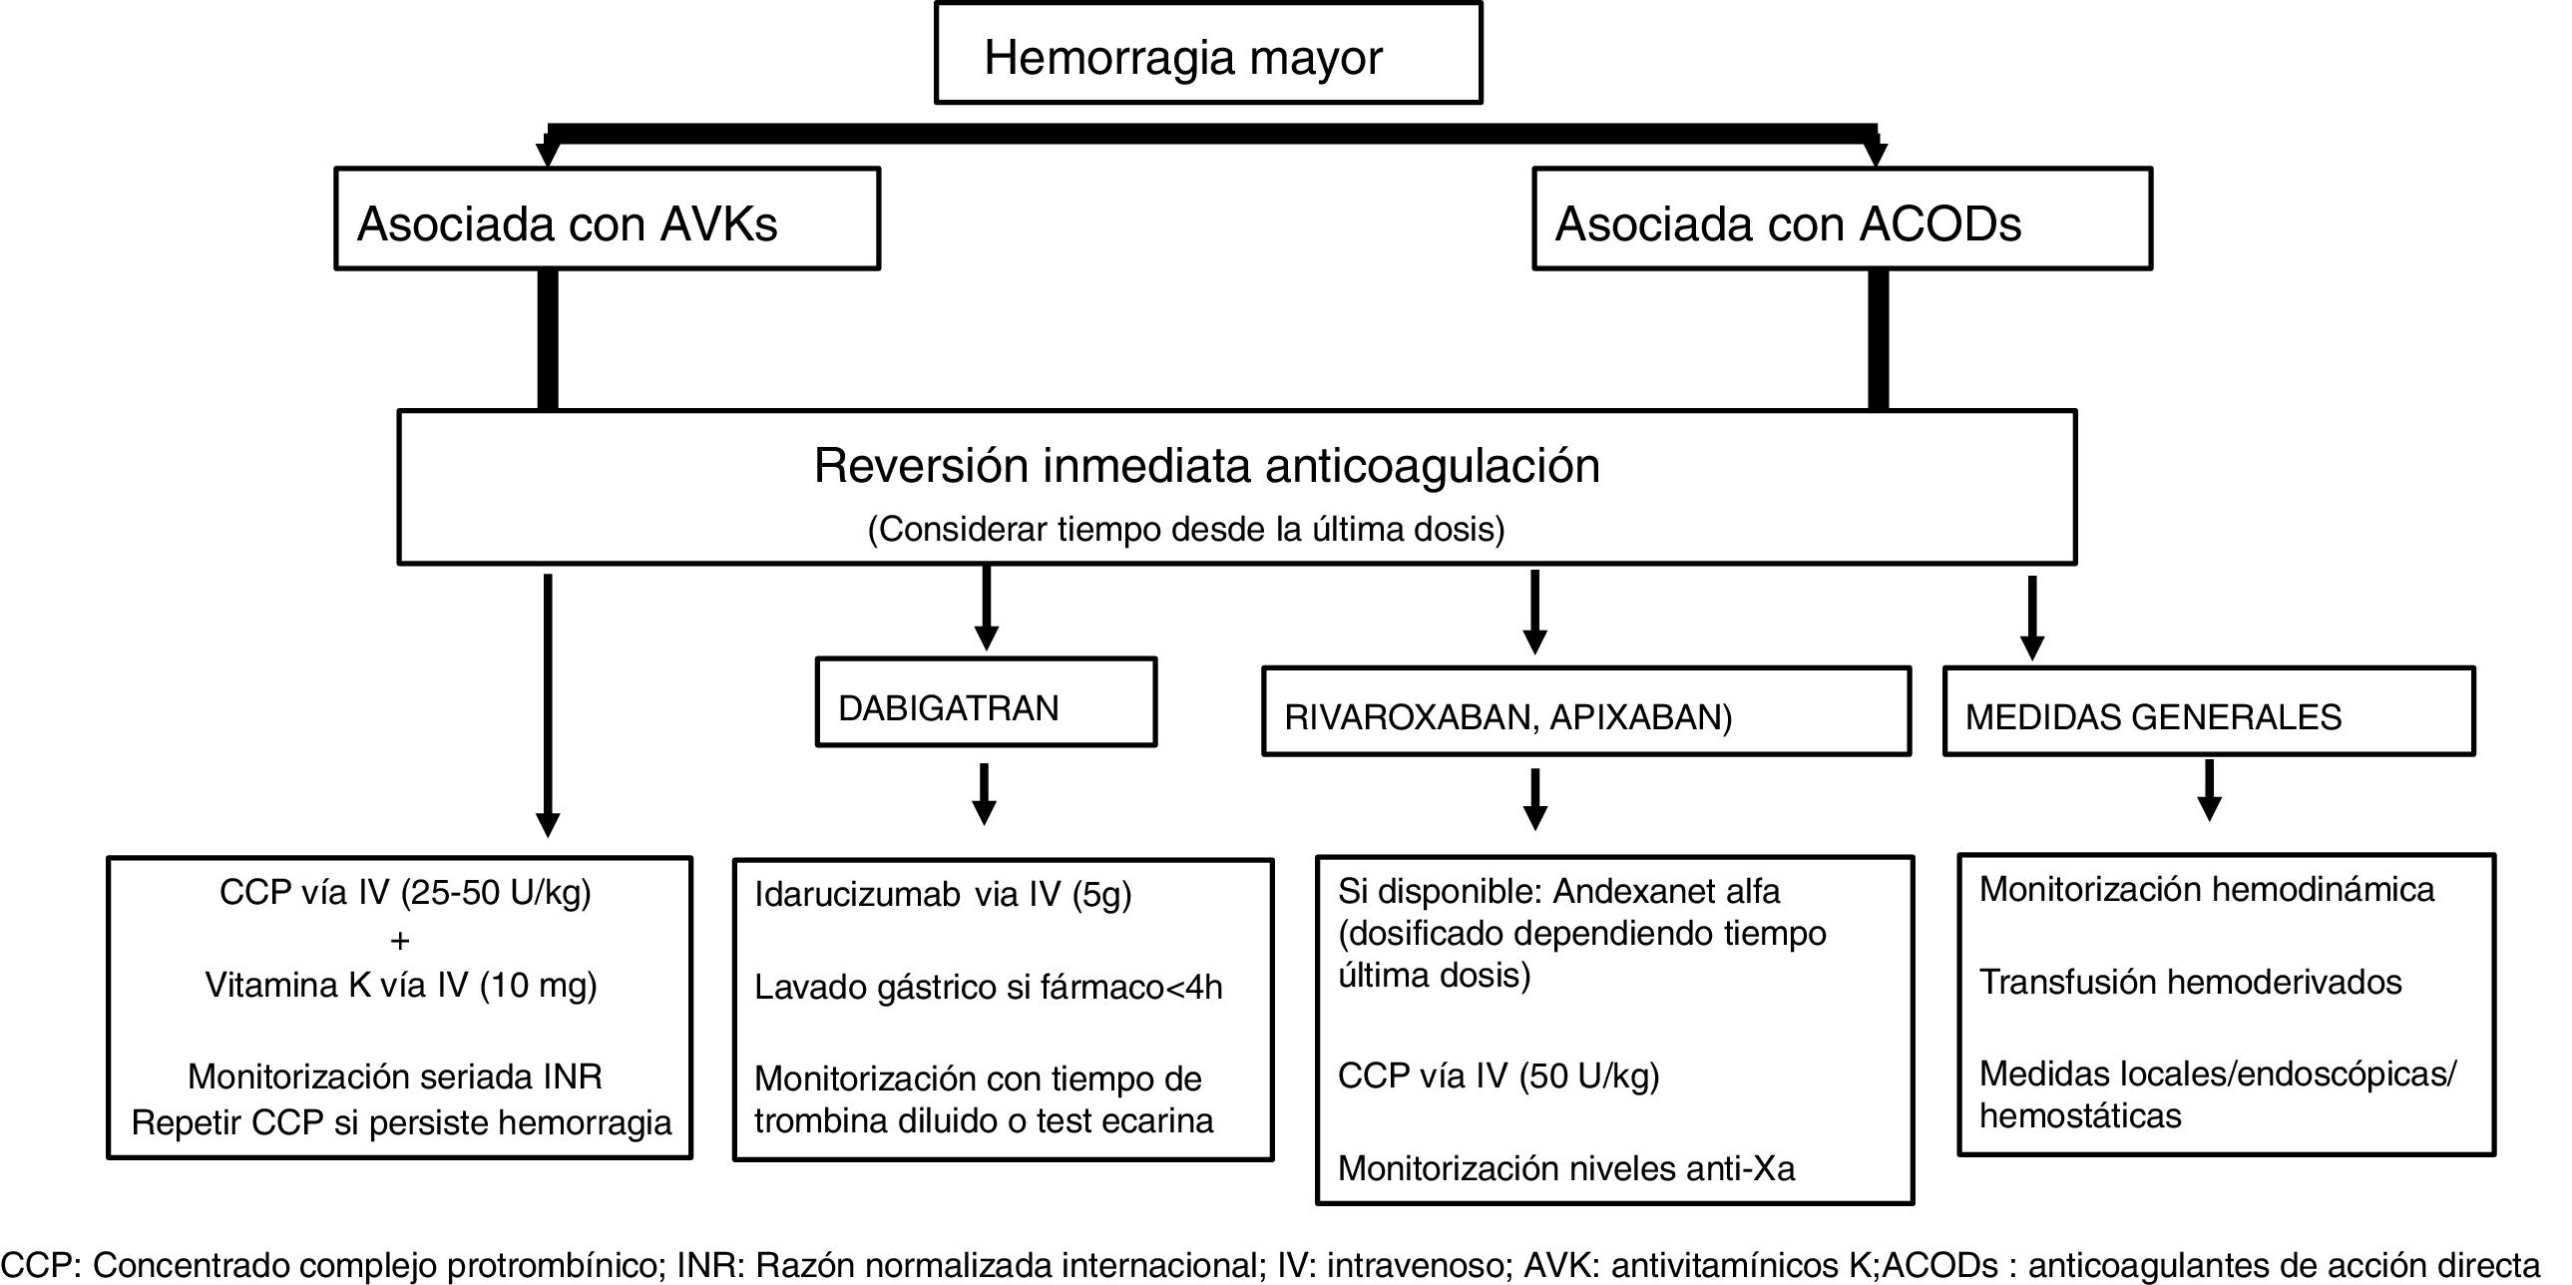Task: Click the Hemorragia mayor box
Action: pos(1208,54)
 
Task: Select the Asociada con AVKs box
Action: pos(607,218)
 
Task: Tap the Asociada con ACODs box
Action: pos(1842,218)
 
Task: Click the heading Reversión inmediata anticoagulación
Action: pos(1206,465)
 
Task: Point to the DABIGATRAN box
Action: pos(986,703)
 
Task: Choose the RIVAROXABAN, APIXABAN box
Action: pos(1585,712)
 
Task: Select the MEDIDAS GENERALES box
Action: pos(2209,712)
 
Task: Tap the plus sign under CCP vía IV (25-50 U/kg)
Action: pos(400,941)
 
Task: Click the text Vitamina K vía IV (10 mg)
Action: pos(400,986)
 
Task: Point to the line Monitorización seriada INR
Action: pos(395,1076)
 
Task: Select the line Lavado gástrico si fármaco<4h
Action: pos(988,988)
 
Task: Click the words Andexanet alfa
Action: pos(1666,891)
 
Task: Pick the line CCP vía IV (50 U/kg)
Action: pos(1498,1075)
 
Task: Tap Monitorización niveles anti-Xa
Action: pos(1565,1168)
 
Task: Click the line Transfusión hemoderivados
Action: pos(2190,983)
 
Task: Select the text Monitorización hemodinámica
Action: pos(2207,890)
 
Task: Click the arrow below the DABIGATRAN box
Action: pos(985,795)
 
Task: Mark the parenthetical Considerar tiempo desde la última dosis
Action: pos(1185,529)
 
